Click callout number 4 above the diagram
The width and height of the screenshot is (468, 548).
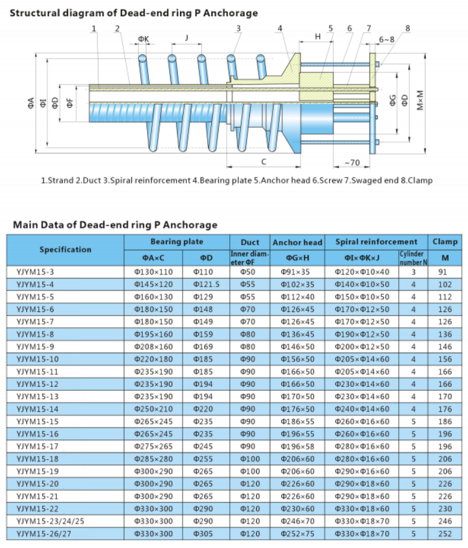(x=280, y=28)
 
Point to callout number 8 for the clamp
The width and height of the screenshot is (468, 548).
(x=408, y=28)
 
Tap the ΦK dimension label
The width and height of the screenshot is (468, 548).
(x=143, y=39)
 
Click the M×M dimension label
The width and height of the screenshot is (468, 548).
(x=421, y=100)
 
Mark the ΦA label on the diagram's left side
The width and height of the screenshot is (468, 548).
(x=30, y=104)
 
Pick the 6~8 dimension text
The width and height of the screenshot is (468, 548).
(x=386, y=39)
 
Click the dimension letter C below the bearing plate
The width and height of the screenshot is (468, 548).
(x=264, y=162)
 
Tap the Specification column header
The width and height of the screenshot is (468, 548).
(x=65, y=249)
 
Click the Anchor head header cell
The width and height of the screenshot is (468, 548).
(x=297, y=242)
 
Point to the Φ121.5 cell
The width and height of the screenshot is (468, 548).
(x=206, y=283)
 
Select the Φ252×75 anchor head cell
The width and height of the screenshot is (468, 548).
(x=297, y=534)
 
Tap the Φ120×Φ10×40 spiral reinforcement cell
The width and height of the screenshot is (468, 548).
(x=361, y=272)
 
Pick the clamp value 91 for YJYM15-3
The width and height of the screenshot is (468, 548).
(x=444, y=272)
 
